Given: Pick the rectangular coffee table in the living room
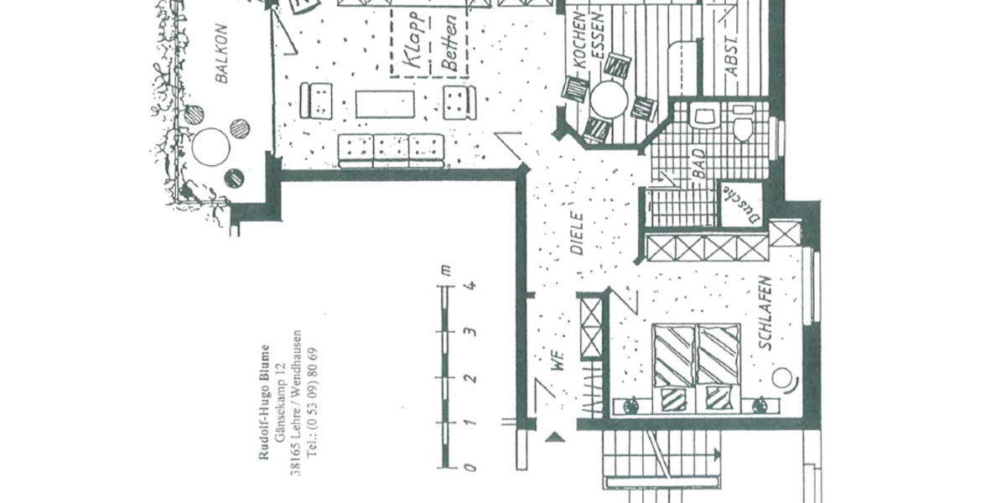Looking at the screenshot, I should coord(385,105).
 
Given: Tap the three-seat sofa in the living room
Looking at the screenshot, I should coord(391,150).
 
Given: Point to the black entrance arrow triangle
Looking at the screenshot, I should coord(553,437).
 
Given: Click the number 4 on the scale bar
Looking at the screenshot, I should coord(471,285).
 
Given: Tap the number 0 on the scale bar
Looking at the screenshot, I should coord(471,466).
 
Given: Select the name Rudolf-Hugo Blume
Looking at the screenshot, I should coord(264,402).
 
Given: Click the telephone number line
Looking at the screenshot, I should coord(313,402).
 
